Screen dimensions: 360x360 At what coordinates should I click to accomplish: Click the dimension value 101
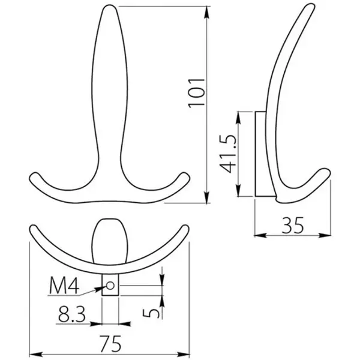tap(197, 93)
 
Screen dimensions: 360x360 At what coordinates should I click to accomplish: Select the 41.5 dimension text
tap(228, 154)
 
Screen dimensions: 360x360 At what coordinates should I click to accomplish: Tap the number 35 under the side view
tap(293, 225)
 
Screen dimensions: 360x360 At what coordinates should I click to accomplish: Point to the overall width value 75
tap(110, 344)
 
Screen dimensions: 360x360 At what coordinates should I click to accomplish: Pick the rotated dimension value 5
tap(151, 313)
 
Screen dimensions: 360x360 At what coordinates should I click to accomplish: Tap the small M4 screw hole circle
tap(110, 286)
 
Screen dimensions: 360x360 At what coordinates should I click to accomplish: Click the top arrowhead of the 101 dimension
tap(207, 12)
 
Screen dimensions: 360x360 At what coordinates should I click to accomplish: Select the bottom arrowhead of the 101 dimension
tap(207, 197)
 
